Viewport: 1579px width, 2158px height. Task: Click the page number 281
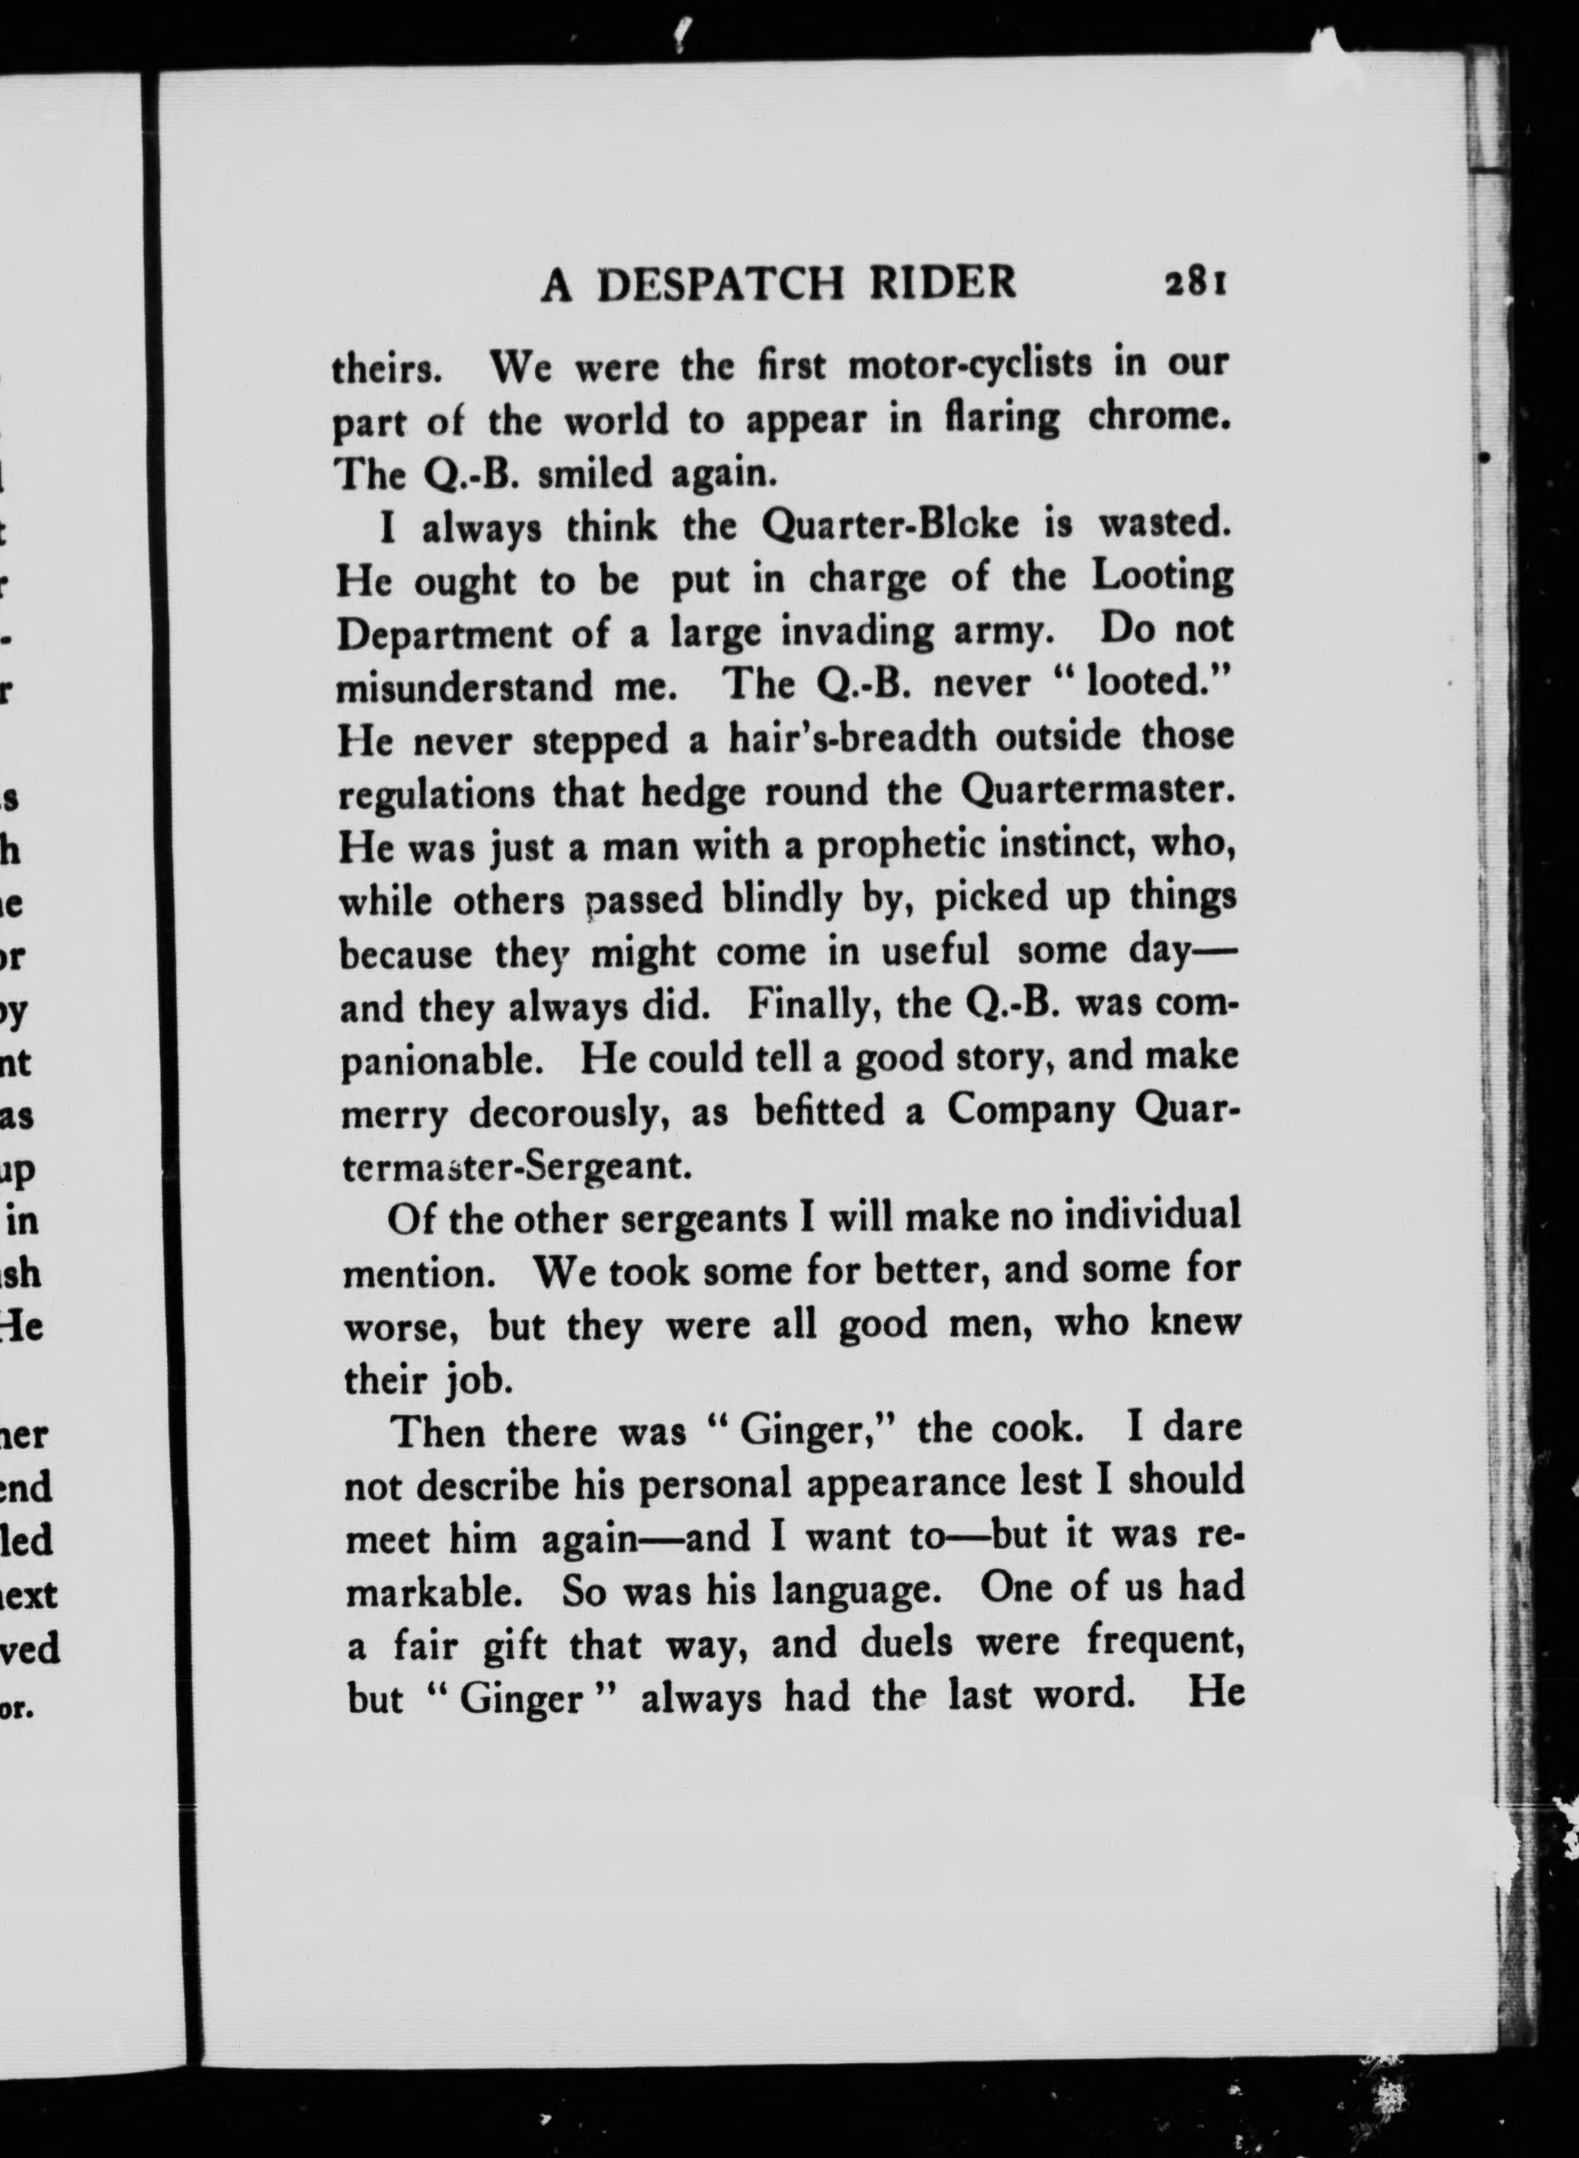(x=1196, y=285)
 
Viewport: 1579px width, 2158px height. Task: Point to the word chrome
(x=1162, y=420)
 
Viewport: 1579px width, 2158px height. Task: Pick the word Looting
(x=1161, y=579)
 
